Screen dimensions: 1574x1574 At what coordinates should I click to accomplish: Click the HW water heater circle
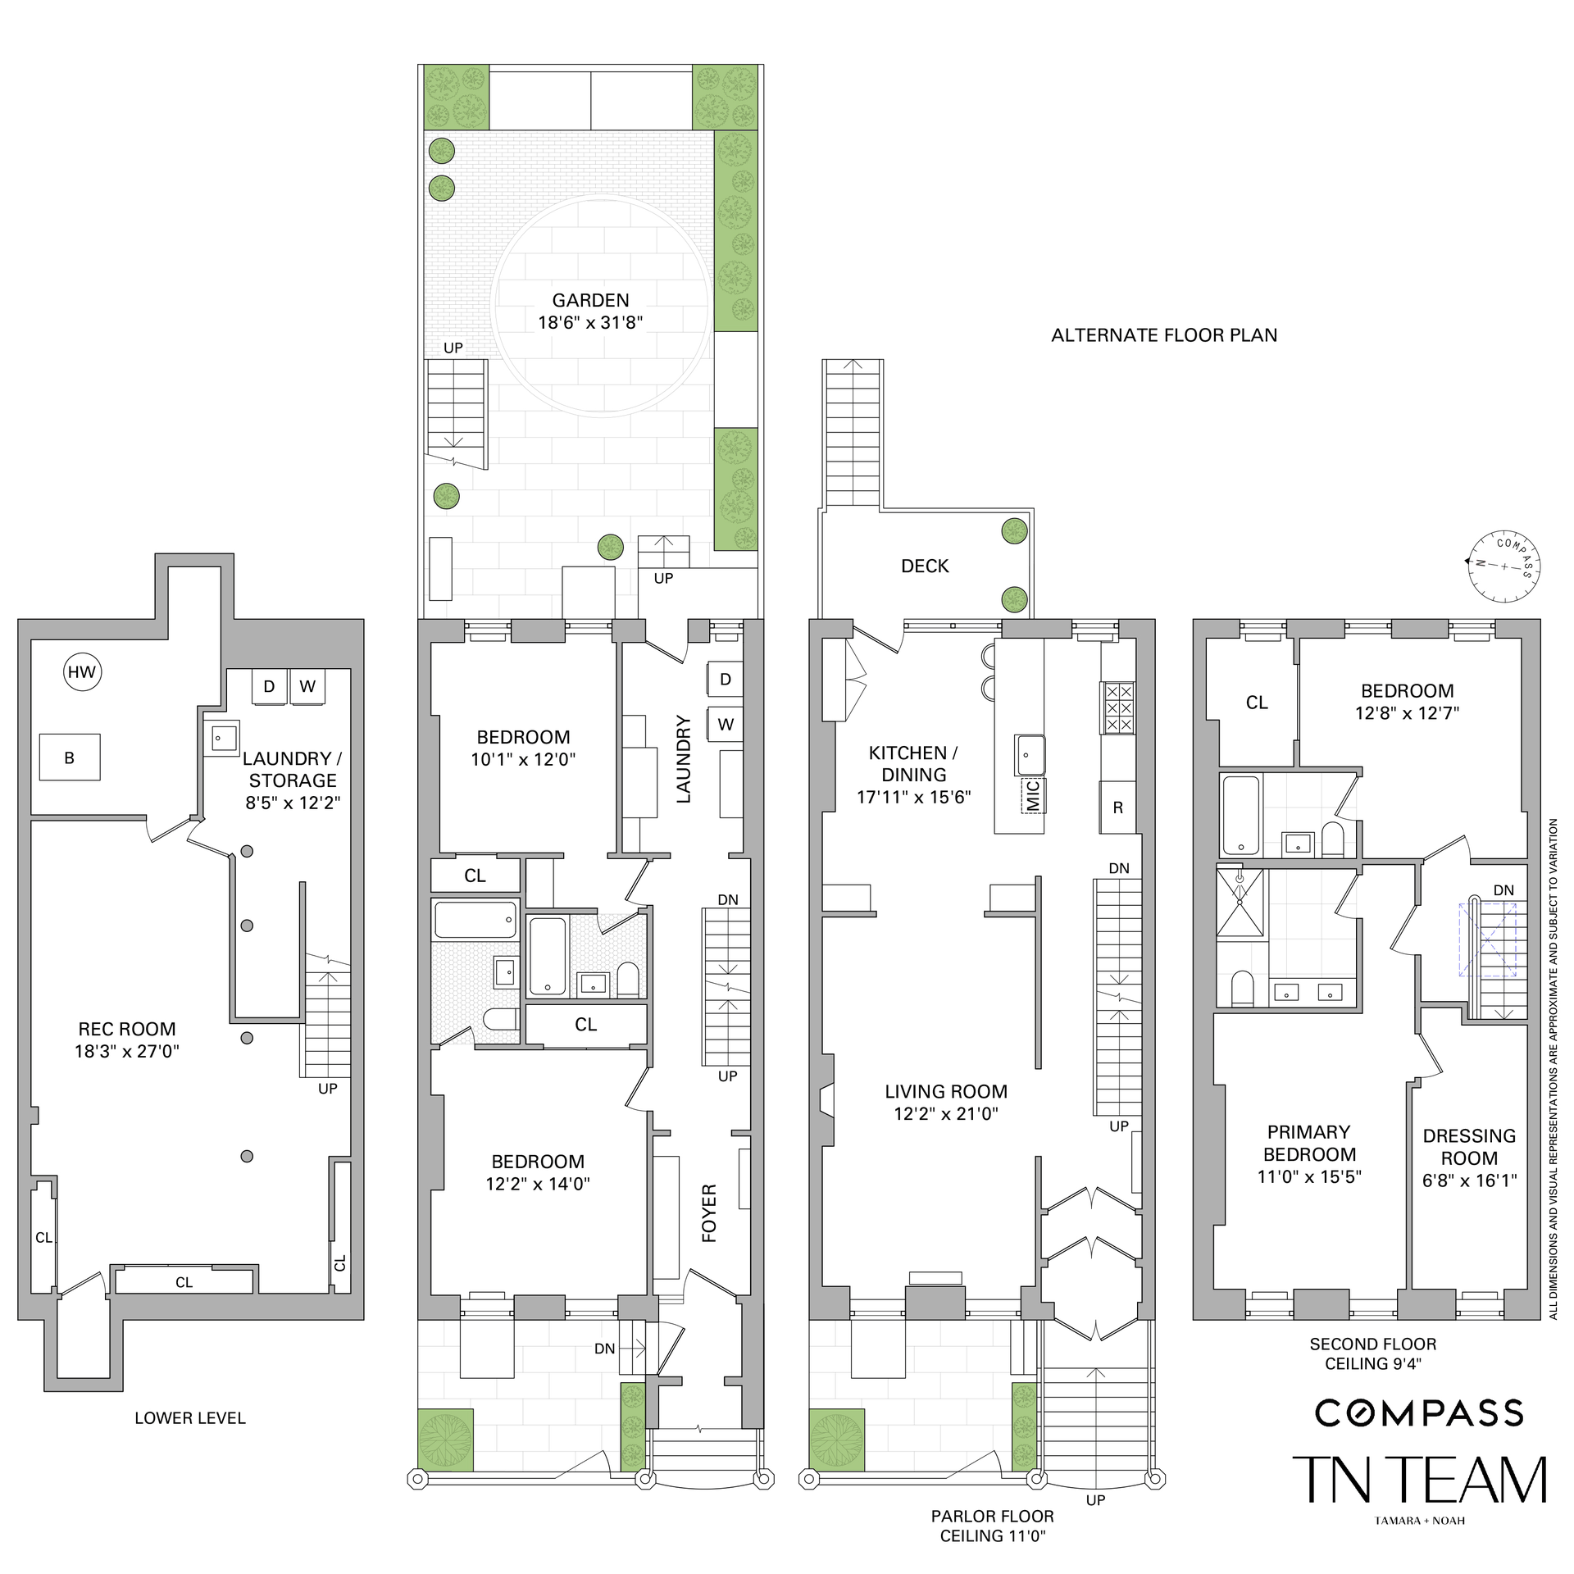click(81, 672)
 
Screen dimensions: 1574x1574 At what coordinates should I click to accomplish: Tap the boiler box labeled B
click(70, 757)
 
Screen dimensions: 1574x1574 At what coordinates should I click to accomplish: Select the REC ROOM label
click(127, 1029)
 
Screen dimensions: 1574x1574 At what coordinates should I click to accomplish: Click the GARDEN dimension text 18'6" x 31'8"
click(590, 322)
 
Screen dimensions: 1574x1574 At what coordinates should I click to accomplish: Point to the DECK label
click(925, 566)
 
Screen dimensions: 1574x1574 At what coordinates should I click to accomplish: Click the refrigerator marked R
click(1118, 807)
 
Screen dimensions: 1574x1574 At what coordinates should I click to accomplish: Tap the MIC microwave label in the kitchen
click(1033, 795)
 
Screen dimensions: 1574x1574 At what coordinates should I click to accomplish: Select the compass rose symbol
click(1504, 565)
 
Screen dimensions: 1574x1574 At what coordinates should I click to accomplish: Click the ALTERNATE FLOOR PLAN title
click(1164, 335)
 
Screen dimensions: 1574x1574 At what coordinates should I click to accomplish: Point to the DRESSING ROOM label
click(1469, 1147)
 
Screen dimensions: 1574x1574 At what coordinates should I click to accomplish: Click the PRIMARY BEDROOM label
click(1309, 1143)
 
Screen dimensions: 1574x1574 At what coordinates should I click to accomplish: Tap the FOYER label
click(710, 1213)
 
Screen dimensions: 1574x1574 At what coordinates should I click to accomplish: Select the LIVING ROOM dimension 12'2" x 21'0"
click(946, 1113)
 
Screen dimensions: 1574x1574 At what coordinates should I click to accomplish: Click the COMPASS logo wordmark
click(1419, 1413)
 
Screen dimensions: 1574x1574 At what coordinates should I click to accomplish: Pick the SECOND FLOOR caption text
click(1373, 1344)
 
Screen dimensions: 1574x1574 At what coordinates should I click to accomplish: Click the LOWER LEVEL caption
click(190, 1417)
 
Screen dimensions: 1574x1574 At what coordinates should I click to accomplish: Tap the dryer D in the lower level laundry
click(269, 686)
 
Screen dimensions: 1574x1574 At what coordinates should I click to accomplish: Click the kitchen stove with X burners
click(1119, 707)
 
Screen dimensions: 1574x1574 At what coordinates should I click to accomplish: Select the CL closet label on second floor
click(1257, 703)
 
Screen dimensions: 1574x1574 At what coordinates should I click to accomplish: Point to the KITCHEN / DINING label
click(913, 763)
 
